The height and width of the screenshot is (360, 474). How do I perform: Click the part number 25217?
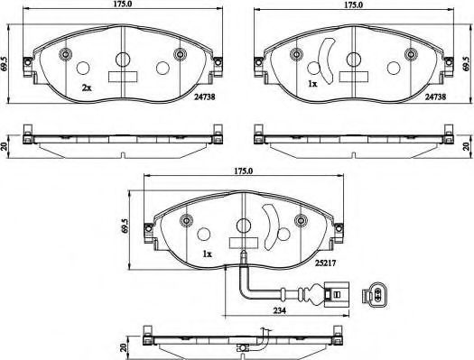(325, 263)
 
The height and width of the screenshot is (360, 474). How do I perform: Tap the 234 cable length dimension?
(279, 310)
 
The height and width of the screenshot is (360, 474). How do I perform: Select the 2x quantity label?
(86, 88)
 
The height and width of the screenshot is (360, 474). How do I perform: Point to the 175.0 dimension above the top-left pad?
(123, 5)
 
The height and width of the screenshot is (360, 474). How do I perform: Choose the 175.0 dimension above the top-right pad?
(354, 5)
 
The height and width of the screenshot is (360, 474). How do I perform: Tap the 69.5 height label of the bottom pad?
(124, 226)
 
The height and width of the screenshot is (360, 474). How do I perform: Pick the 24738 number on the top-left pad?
(205, 97)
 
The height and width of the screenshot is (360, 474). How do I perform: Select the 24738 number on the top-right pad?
(435, 97)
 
